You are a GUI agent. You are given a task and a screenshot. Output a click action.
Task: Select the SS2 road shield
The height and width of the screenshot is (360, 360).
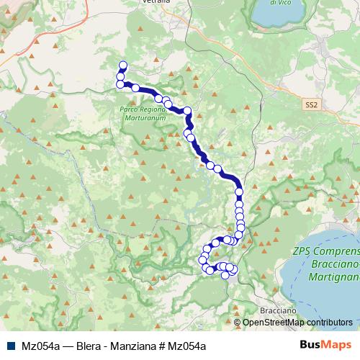(x=310, y=105)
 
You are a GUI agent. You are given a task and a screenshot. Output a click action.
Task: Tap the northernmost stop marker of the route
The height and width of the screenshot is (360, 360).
(x=122, y=64)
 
